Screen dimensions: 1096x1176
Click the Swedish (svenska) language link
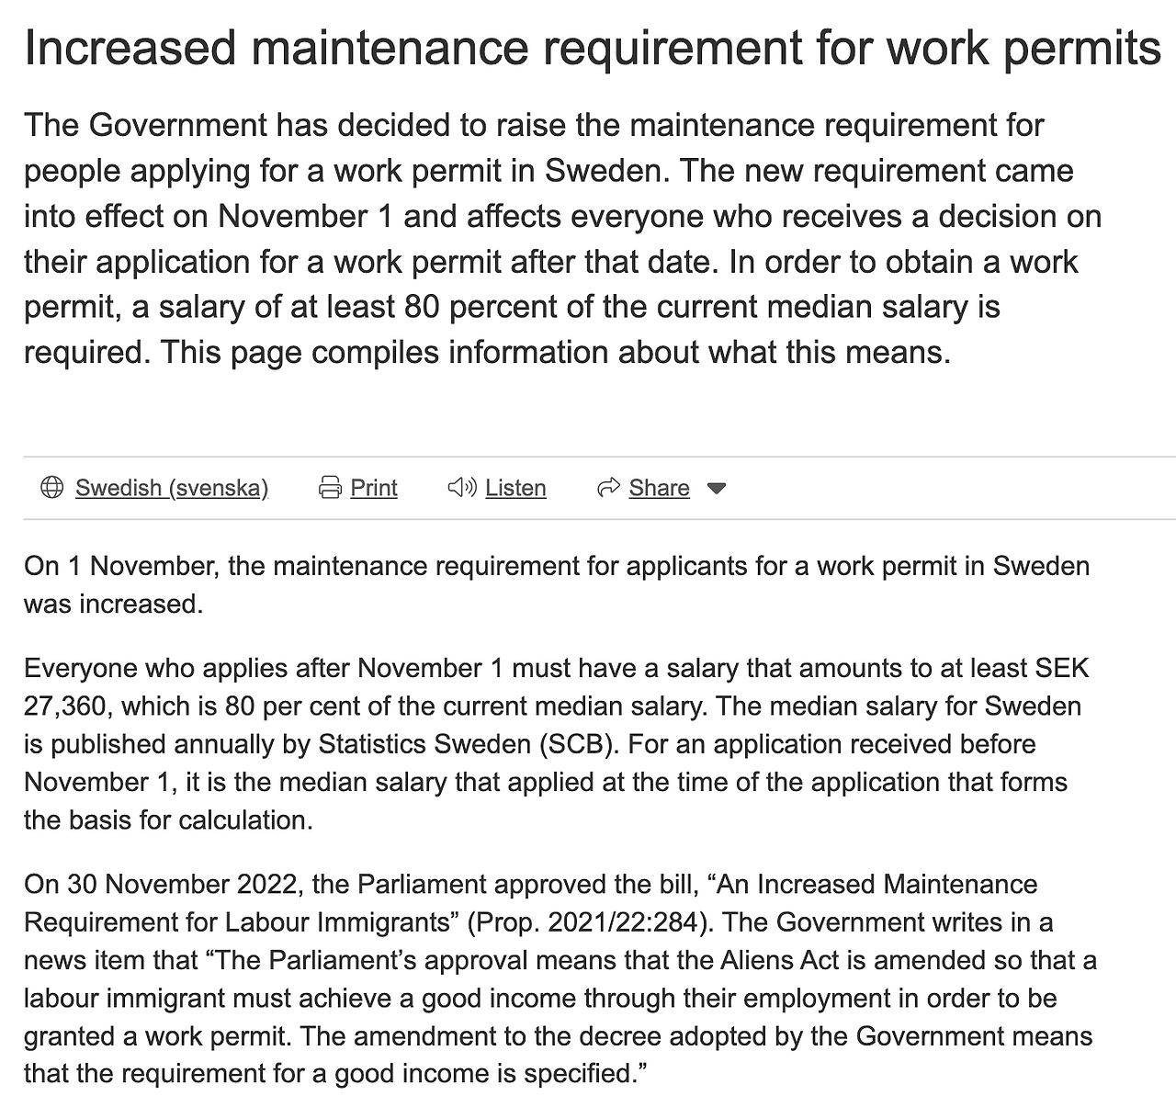pyautogui.click(x=172, y=488)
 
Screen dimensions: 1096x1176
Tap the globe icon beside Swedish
pyautogui.click(x=52, y=488)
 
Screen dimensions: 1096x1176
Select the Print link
pyautogui.click(x=374, y=488)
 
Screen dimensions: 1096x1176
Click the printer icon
pyautogui.click(x=330, y=488)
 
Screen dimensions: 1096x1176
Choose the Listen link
pyautogui.click(x=515, y=488)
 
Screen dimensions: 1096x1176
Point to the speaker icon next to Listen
pyautogui.click(x=461, y=488)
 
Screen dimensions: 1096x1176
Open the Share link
pyautogui.click(x=659, y=488)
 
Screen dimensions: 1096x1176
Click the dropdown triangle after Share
pyautogui.click(x=717, y=489)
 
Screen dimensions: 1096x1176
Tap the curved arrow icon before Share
pyautogui.click(x=608, y=488)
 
